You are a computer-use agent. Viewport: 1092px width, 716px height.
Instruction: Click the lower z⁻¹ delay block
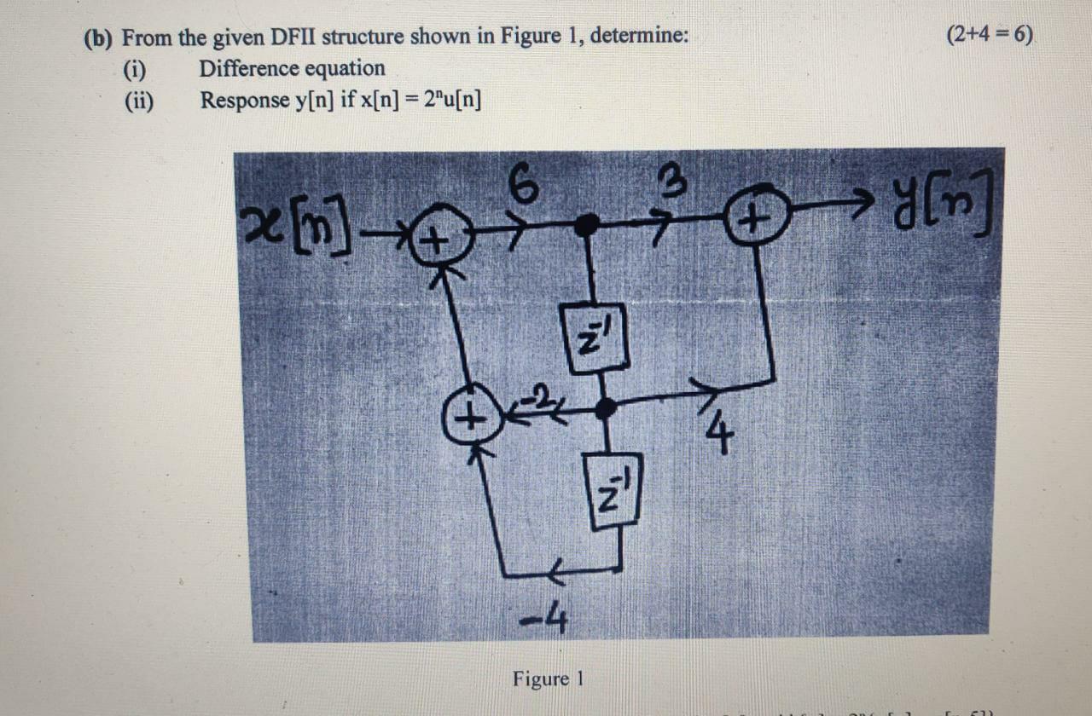pos(613,490)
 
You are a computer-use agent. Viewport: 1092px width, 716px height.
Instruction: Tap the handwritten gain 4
pos(719,434)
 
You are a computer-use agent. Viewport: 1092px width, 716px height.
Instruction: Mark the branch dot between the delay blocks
pos(605,409)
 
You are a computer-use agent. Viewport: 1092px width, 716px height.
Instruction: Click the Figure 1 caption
pos(548,679)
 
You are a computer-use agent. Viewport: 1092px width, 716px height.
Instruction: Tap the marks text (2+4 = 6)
pos(990,35)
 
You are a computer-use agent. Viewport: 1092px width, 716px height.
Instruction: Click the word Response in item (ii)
pos(245,101)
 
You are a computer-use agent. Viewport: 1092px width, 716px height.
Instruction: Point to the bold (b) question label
pos(101,38)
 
